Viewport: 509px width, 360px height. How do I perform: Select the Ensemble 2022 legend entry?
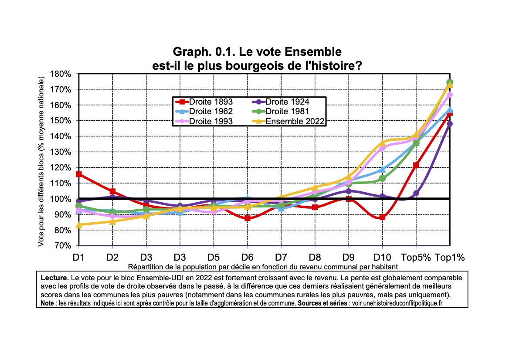[289, 121]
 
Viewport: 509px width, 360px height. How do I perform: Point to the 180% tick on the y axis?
[62, 74]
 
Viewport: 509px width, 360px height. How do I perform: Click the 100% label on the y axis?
[62, 199]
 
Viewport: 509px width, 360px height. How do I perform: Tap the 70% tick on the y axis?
[64, 246]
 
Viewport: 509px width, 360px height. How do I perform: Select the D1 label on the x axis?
[78, 257]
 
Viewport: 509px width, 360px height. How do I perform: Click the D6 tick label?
[247, 257]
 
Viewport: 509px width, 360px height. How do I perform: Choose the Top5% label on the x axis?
[416, 257]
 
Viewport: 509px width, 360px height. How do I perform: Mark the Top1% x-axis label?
[449, 257]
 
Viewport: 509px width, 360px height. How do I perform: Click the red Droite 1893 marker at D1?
[79, 174]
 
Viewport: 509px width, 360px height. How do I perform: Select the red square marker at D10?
[382, 217]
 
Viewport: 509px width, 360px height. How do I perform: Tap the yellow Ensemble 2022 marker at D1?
[79, 225]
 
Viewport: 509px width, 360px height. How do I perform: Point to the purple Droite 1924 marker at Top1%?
[449, 124]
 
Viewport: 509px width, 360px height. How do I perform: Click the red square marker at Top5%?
[416, 165]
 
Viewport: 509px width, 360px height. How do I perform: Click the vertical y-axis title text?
[41, 162]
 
